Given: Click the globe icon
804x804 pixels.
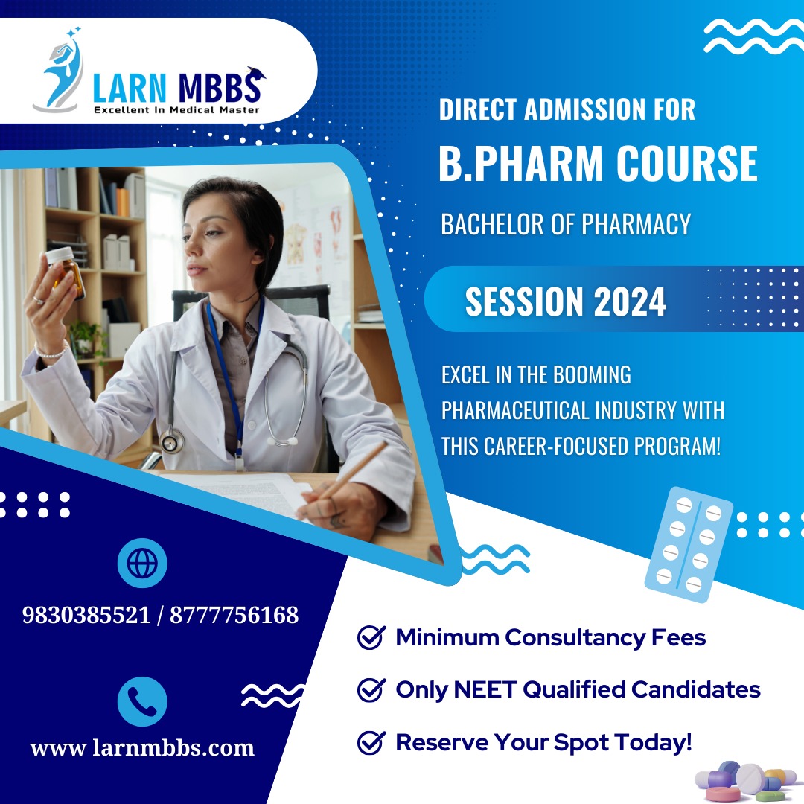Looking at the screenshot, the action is (x=142, y=563).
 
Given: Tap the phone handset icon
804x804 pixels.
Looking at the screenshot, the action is (x=142, y=701).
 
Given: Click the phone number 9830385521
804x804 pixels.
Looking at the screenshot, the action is (x=86, y=615).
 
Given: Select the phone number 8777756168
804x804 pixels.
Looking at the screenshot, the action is (x=234, y=615).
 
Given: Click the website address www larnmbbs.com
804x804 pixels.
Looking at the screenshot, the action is (x=142, y=747).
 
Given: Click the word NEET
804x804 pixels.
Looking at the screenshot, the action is (x=485, y=689).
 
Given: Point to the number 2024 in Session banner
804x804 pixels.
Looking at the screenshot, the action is (x=630, y=301).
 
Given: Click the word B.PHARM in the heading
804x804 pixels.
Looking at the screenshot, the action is (x=520, y=163).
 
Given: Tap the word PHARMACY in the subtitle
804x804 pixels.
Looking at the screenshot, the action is (x=636, y=225).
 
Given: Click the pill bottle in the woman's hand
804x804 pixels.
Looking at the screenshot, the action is (x=66, y=271).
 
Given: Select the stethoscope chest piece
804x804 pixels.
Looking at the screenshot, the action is (x=172, y=441).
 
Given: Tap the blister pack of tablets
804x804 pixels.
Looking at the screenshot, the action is (x=689, y=544).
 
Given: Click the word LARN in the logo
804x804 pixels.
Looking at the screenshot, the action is (x=130, y=88).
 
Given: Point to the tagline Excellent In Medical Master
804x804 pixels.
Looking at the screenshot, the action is (x=177, y=109).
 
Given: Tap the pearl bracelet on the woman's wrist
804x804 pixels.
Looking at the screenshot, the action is (x=51, y=352).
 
